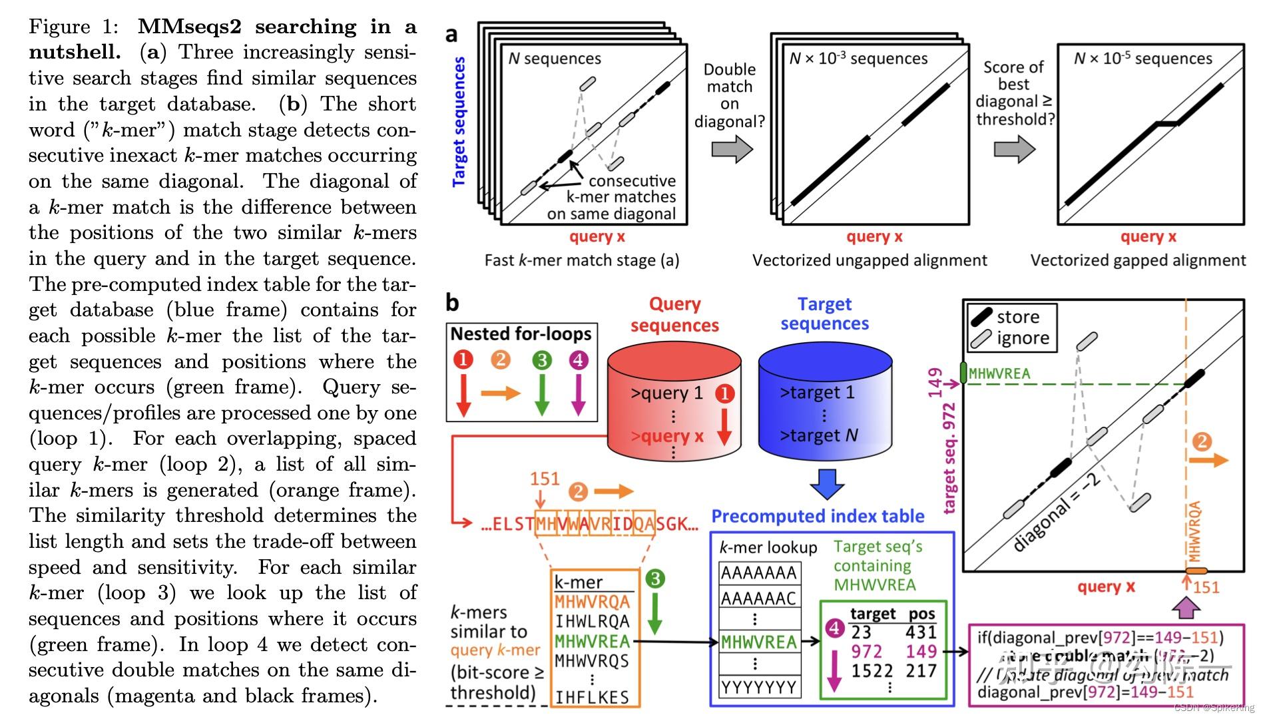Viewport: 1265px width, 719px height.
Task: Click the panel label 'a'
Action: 451,35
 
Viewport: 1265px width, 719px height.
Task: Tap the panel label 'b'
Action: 452,303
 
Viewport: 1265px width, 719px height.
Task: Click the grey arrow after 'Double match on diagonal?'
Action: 732,149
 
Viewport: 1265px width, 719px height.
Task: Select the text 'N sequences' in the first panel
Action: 555,59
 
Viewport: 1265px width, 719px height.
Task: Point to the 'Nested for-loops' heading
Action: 521,334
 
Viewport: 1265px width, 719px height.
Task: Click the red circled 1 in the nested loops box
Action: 463,360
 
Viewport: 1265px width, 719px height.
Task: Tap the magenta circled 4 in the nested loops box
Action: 578,360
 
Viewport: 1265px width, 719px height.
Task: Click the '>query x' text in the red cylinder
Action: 666,436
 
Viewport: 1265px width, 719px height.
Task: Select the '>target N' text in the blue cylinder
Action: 818,435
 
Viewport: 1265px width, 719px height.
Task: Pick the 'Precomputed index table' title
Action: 818,516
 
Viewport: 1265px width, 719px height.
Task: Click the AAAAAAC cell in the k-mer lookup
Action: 758,599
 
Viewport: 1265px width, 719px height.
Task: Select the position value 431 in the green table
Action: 921,632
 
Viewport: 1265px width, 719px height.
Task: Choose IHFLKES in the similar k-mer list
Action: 592,697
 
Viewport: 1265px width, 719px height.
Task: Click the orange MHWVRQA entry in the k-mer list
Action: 592,602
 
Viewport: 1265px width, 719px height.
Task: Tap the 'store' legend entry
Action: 1017,317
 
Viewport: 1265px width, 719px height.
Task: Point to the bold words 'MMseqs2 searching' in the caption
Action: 247,27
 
